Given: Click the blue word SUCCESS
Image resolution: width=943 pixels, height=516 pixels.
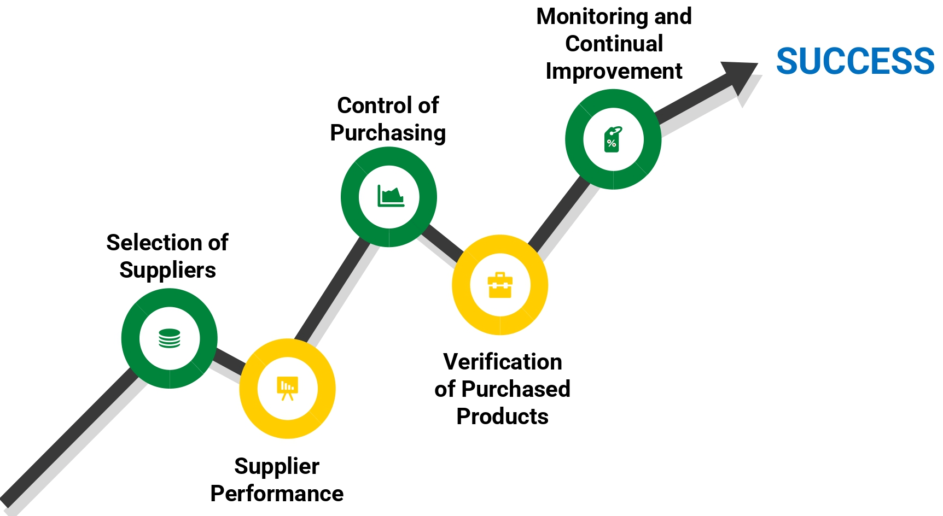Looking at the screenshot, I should pyautogui.click(x=855, y=61).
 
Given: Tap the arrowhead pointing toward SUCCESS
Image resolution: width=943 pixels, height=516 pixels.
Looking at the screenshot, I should pyautogui.click(x=741, y=77).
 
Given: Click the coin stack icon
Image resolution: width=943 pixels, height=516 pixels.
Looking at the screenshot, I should pyautogui.click(x=170, y=338).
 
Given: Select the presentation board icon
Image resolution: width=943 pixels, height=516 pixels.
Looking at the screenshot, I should pyautogui.click(x=287, y=388).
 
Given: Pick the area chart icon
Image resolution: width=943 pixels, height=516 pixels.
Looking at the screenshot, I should pyautogui.click(x=390, y=196).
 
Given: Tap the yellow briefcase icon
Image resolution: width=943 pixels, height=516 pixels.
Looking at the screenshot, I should pyautogui.click(x=500, y=285).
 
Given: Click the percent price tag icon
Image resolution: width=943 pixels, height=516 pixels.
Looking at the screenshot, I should pyautogui.click(x=613, y=139).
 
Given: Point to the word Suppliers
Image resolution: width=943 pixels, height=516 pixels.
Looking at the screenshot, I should pyautogui.click(x=167, y=270).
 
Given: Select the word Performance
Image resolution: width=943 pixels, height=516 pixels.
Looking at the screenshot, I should pyautogui.click(x=277, y=494).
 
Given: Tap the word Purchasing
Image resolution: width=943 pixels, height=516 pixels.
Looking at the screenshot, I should pyautogui.click(x=388, y=133).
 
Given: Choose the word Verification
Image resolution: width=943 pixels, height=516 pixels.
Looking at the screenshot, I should pyautogui.click(x=502, y=362).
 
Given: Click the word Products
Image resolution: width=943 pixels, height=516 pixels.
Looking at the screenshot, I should pyautogui.click(x=502, y=417).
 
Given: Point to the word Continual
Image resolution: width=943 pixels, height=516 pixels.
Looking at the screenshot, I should pyautogui.click(x=614, y=44).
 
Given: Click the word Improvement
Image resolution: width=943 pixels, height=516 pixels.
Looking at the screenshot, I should pyautogui.click(x=614, y=71).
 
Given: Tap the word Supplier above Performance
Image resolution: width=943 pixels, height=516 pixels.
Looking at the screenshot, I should pyautogui.click(x=277, y=466).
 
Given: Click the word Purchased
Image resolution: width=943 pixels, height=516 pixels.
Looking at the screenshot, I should pyautogui.click(x=516, y=389).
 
